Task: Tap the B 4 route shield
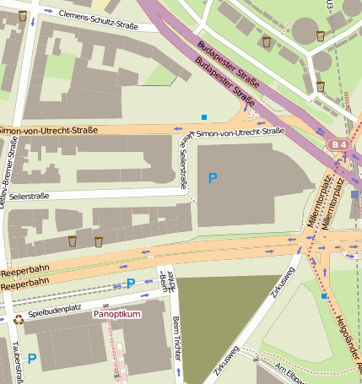click(339, 145)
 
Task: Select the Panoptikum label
click(117, 313)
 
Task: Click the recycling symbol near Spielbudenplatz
click(19, 319)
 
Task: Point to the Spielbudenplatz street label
click(55, 312)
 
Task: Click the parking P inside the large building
click(213, 178)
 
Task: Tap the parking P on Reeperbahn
click(130, 284)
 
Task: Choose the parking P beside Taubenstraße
click(32, 359)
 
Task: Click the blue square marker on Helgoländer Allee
click(324, 296)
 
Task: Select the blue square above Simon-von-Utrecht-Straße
click(204, 116)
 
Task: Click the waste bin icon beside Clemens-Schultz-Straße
click(22, 16)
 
